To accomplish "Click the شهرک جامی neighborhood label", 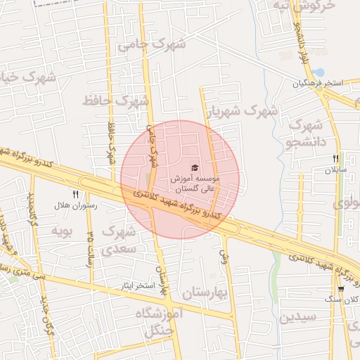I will point(152,44).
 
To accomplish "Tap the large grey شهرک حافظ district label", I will point(116,101).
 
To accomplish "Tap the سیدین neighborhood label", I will point(298,316).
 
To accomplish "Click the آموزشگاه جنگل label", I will point(157,319).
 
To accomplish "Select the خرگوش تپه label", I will point(311,6).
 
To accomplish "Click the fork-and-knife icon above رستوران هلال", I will point(75,194).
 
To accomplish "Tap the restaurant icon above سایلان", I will point(336,158).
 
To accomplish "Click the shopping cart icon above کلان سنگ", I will point(341,288).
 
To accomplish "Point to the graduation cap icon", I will point(194,168).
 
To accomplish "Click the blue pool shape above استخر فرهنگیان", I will point(320,72).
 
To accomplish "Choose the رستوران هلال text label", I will point(79,207).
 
